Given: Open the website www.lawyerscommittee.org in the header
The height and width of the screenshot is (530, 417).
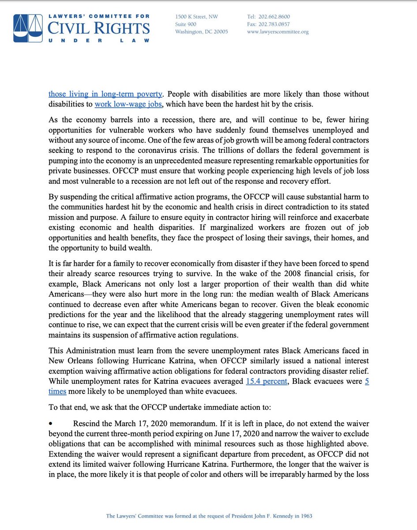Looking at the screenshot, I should pos(278,32).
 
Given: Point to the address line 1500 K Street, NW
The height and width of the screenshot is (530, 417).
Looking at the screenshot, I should pos(197,17).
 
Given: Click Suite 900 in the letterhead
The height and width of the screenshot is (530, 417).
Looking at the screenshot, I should pos(187,24).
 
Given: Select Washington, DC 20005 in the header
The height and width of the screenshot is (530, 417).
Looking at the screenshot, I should pos(201,32).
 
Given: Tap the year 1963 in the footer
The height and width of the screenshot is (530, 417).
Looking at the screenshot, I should pos(306,515).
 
